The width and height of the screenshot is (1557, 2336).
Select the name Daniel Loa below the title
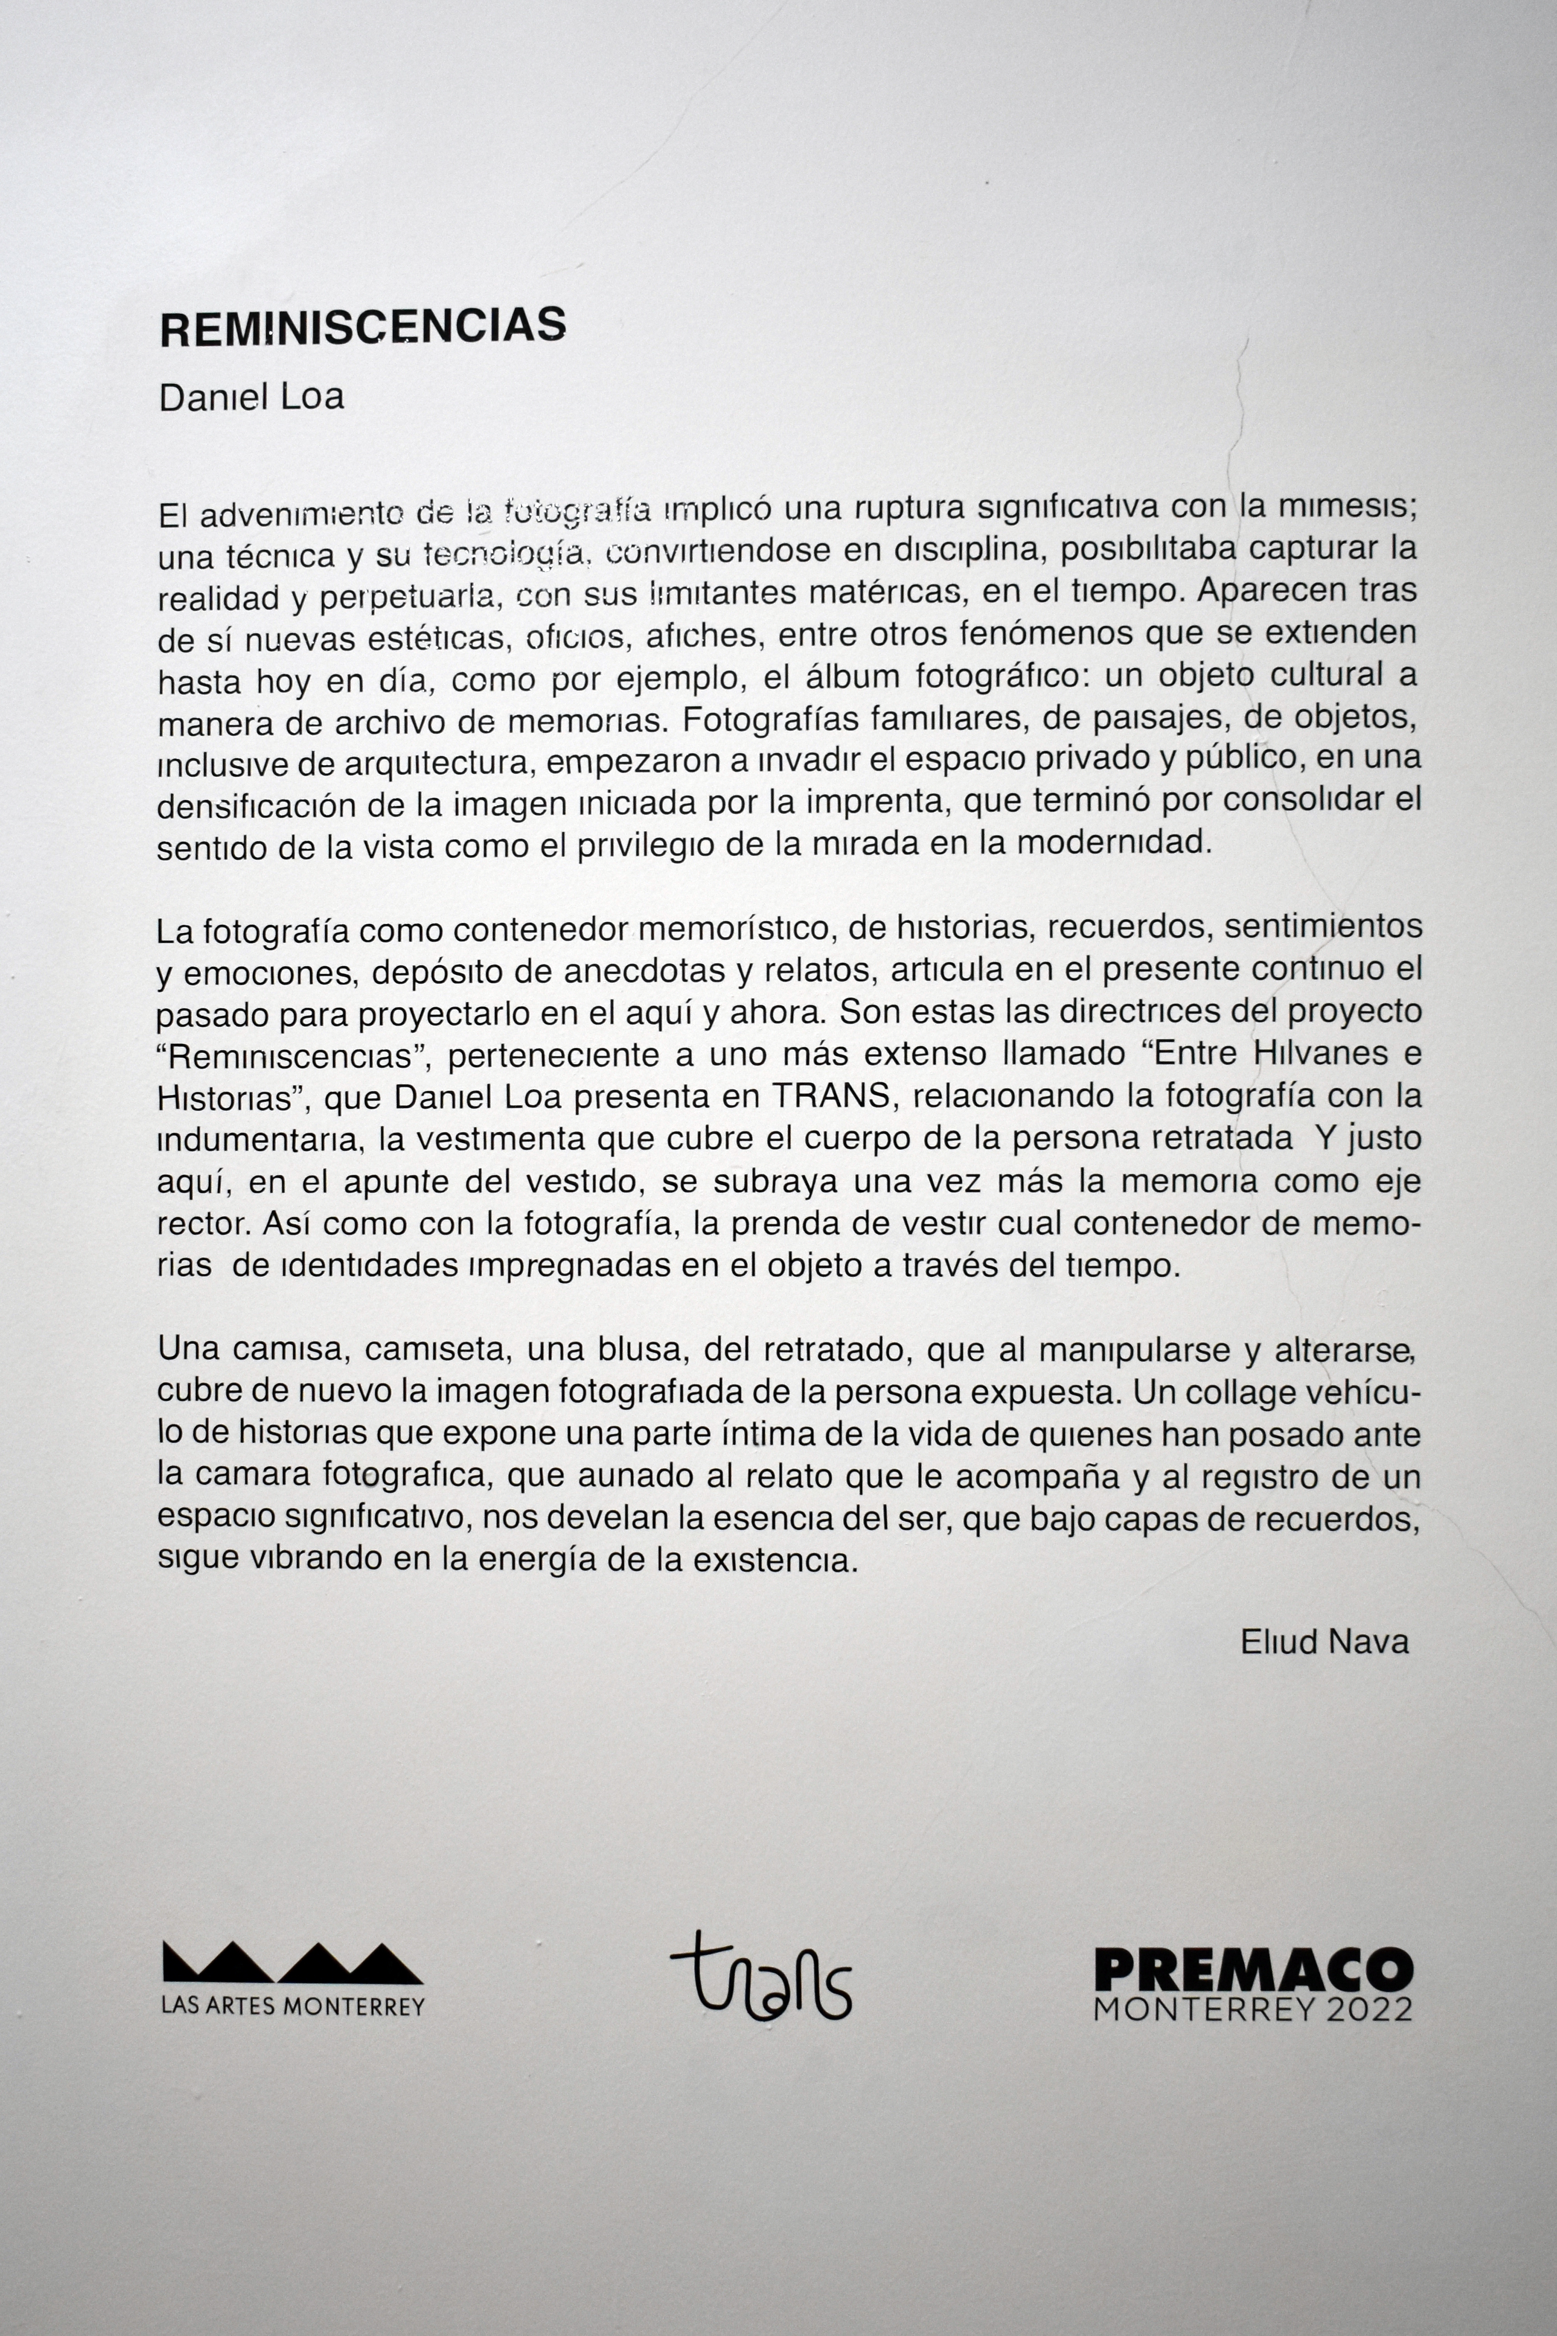(251, 397)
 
